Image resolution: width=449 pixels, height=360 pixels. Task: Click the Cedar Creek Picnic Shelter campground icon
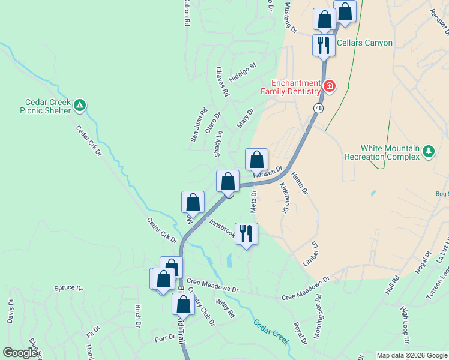[x=80, y=106]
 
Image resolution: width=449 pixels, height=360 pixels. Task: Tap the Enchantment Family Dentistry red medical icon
[x=328, y=87]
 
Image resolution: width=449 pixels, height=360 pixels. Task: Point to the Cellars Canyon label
[x=364, y=43]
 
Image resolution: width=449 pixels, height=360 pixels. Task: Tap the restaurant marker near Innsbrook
[x=246, y=233]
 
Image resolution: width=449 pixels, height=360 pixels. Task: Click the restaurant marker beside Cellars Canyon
[x=324, y=46]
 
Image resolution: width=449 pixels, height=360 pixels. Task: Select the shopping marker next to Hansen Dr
[x=256, y=160]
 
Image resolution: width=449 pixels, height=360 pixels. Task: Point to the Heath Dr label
[x=299, y=183]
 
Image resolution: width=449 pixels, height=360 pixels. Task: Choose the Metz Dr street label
[x=253, y=201]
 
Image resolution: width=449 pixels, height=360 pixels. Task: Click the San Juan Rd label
[x=199, y=124]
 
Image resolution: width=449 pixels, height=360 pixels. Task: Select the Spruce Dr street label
[x=68, y=288]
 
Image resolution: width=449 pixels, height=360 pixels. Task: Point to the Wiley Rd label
[x=225, y=309]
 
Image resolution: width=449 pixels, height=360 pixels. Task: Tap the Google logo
[x=20, y=353]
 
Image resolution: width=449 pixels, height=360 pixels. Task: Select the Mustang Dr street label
[x=290, y=18]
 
